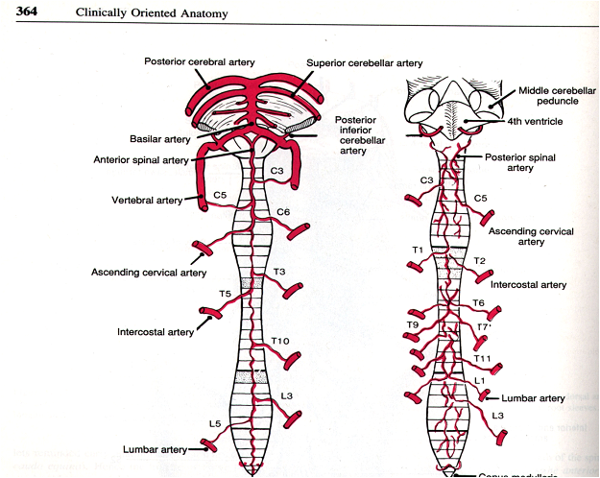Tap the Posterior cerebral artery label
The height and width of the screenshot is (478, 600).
pos(200,61)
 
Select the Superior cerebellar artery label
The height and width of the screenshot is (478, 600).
pos(365,63)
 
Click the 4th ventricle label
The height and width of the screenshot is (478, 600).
pos(536,122)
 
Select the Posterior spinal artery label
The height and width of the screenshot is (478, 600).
pos(522,162)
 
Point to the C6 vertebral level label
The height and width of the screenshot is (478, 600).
pos(283,212)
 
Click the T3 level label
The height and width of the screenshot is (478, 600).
pos(280,272)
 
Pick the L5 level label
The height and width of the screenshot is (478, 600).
pos(216,422)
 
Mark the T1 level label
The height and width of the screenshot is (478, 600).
pos(417,251)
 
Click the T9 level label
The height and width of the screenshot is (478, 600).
pos(412,324)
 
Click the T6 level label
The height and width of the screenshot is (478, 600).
pos(478,303)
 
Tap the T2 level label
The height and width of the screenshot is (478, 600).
pos(480,261)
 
